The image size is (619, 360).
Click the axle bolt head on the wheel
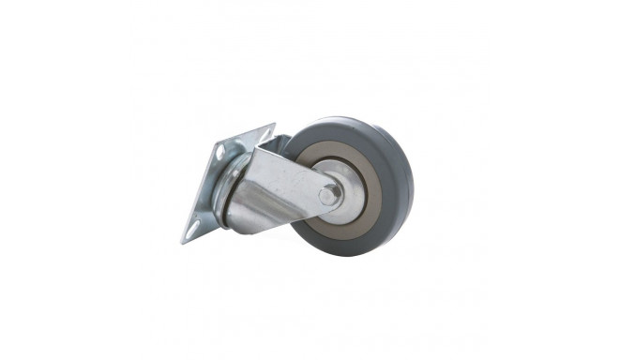tap(330, 195)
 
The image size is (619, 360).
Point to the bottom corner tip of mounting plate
tap(184, 242)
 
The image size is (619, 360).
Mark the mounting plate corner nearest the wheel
tap(273, 125)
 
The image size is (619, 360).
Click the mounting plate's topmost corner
tap(273, 125)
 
